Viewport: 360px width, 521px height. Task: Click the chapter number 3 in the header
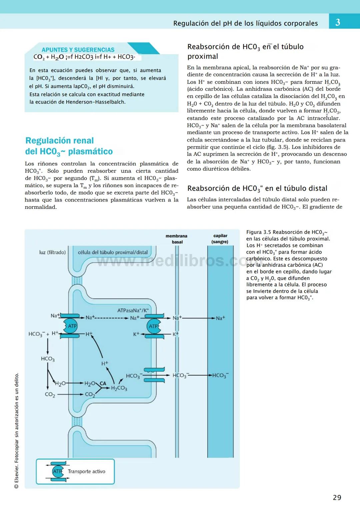338,22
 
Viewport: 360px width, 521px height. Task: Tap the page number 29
337,497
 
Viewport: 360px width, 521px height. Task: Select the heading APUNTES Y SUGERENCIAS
78,50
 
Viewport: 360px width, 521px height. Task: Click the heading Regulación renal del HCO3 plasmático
69,146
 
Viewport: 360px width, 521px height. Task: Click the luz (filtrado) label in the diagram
52,252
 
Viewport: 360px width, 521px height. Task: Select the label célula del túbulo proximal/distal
113,252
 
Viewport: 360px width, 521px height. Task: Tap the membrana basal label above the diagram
176,239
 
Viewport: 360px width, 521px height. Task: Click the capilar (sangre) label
220,238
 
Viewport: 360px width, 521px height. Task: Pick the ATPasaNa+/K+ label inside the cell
133,311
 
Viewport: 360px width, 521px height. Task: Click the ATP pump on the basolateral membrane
154,326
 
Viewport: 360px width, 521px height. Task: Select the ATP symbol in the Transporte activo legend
58,471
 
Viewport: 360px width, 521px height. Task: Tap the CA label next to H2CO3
103,384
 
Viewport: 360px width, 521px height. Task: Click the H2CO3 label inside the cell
119,388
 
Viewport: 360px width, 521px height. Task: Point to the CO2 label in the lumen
50,395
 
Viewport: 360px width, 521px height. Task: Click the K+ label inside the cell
136,334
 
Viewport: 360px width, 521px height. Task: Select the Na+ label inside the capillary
220,318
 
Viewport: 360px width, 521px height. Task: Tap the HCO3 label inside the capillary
220,376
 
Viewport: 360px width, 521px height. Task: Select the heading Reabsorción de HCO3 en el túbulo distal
257,188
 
